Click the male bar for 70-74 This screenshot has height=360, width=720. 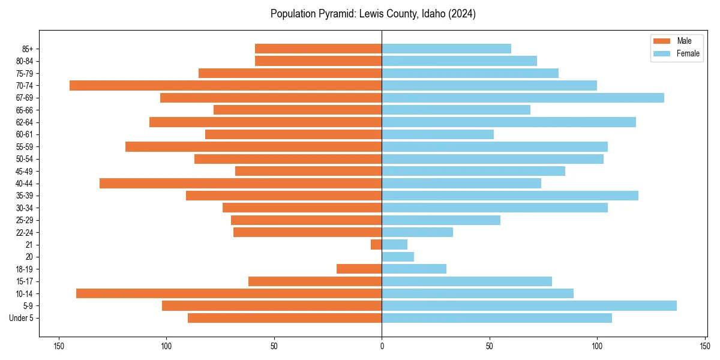[x=226, y=85]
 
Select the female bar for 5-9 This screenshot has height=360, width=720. [x=529, y=305]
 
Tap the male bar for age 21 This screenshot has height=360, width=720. [x=376, y=244]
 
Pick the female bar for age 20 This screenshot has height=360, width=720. [x=398, y=257]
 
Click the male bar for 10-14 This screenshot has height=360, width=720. [x=229, y=293]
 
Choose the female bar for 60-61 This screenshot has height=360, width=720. [x=438, y=134]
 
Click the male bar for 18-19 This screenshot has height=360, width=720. [x=359, y=269]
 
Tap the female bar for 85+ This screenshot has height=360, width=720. [x=446, y=49]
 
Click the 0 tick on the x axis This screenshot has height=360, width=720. [x=382, y=346]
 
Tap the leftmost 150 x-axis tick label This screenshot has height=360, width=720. [x=59, y=346]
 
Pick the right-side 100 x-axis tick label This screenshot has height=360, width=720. [x=597, y=346]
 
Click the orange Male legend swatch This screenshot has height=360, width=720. [x=662, y=41]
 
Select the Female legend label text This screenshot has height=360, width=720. [x=688, y=53]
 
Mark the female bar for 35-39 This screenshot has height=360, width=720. [x=510, y=196]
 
